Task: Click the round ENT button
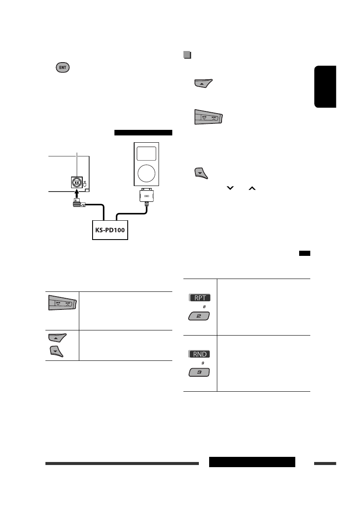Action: pos(62,68)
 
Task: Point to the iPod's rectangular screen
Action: pos(146,153)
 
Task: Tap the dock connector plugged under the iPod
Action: pos(146,197)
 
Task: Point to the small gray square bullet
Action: pos(186,55)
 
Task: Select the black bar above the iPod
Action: pos(143,132)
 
